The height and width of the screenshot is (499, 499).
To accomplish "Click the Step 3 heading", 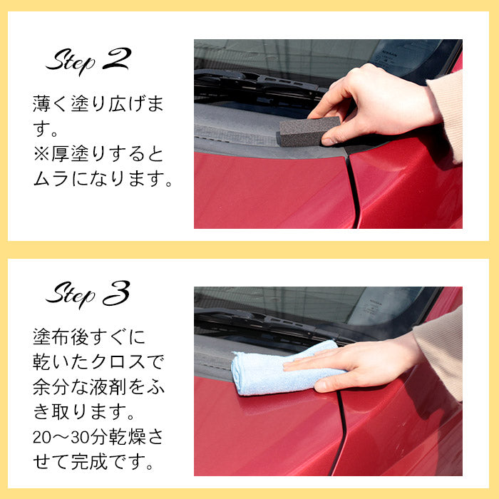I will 88,293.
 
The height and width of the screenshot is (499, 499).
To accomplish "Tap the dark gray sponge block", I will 307,131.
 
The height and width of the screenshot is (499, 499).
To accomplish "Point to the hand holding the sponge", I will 371,103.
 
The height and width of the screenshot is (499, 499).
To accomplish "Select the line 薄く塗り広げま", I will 99,105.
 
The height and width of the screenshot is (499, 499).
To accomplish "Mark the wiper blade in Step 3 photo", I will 264,324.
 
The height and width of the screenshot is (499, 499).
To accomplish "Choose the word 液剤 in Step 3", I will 113,388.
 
